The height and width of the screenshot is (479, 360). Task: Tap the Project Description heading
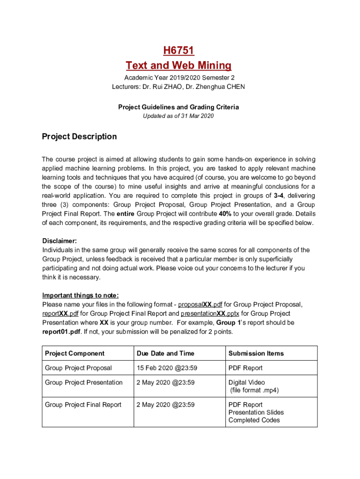(79, 137)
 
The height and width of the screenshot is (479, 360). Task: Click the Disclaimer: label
(59, 241)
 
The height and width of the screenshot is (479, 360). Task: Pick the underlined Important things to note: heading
(80, 295)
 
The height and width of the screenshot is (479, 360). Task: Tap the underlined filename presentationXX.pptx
(210, 313)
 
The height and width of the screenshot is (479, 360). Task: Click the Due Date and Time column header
(165, 353)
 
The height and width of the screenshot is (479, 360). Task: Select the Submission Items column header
(256, 353)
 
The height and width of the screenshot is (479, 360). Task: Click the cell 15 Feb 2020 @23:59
(165, 368)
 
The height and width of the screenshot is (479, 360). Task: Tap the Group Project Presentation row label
(84, 383)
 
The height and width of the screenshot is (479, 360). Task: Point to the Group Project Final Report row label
(83, 405)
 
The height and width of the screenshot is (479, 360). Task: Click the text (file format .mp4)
(254, 390)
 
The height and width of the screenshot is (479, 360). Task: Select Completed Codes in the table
(254, 420)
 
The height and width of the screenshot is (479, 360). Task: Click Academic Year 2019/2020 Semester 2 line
(179, 78)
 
